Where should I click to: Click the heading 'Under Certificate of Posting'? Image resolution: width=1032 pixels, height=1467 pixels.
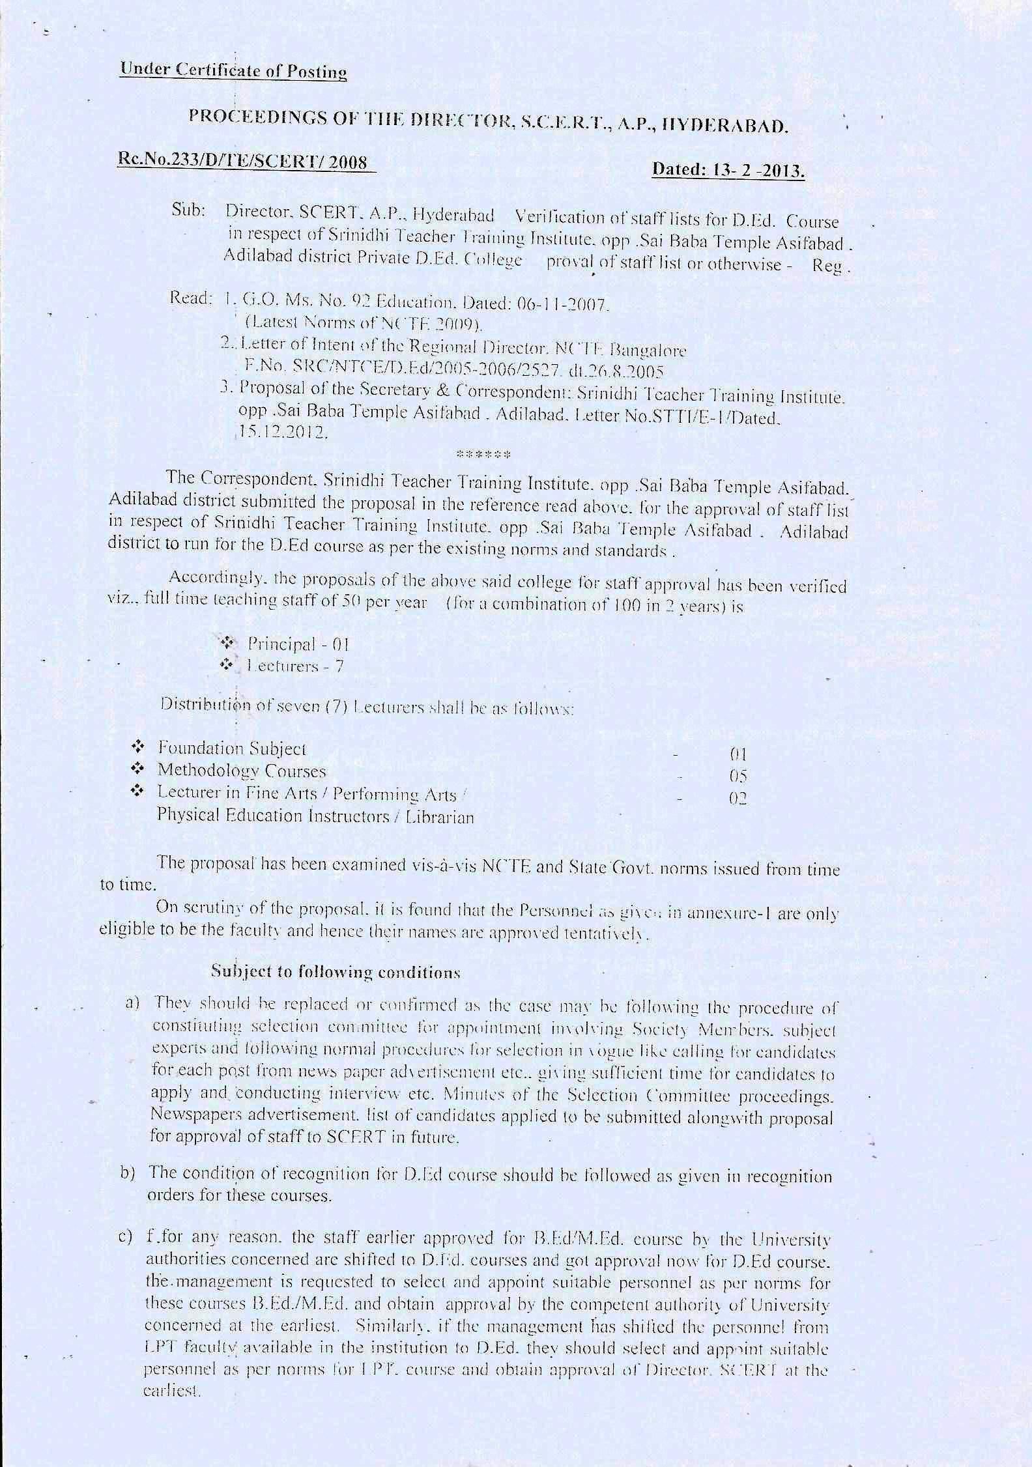(233, 71)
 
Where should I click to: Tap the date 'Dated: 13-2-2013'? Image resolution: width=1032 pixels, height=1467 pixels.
(728, 171)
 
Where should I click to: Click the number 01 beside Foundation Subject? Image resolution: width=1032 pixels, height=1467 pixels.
(738, 755)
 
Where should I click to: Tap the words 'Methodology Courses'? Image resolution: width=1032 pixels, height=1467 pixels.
(241, 771)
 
